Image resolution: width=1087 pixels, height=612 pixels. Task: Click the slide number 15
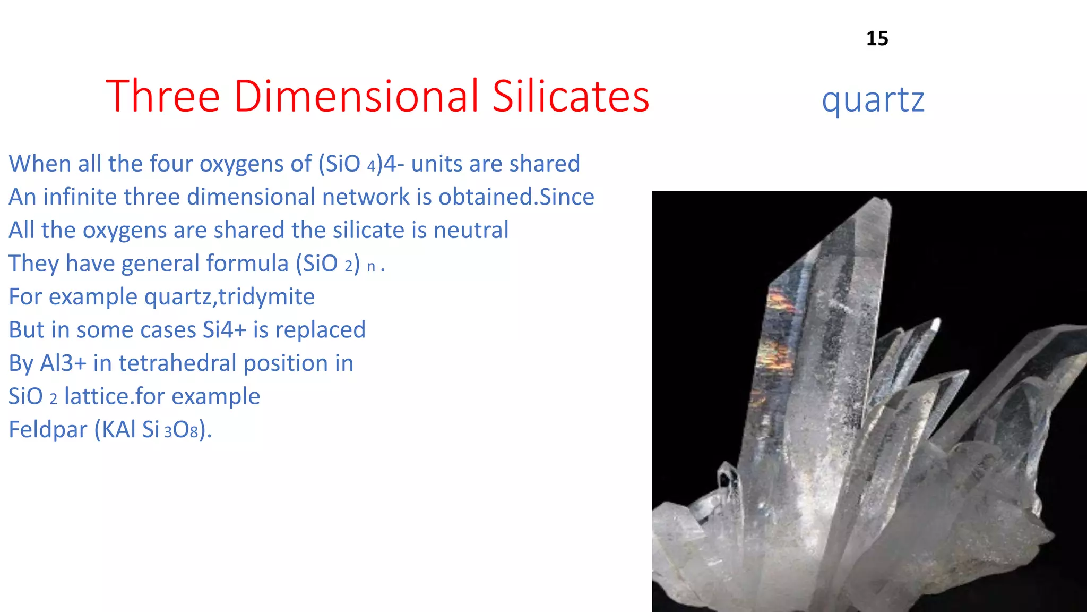tap(877, 38)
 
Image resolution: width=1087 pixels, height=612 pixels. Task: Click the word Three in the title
tap(162, 96)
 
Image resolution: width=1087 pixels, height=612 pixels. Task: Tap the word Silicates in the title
tap(571, 96)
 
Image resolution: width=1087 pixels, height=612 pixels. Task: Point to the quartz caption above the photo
tap(873, 100)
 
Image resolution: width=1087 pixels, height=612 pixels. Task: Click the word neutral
tap(471, 230)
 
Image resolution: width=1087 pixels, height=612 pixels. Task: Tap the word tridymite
tap(266, 296)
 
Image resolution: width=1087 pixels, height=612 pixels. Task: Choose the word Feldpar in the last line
tap(48, 429)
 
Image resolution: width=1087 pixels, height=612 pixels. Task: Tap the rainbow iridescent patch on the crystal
tap(780, 303)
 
